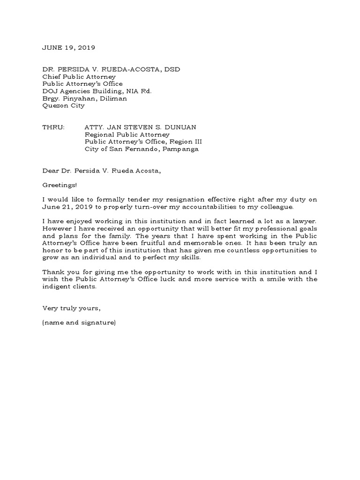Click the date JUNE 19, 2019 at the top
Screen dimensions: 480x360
tap(68, 47)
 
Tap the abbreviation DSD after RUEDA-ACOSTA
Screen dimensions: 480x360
tap(171, 70)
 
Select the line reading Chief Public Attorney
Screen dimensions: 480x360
tap(79, 77)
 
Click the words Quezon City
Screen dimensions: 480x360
tap(63, 106)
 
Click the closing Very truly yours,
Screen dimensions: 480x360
tap(71, 308)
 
